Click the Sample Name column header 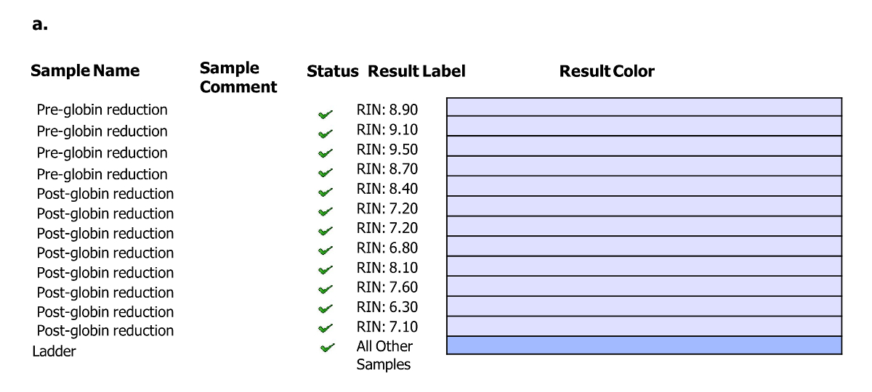tap(85, 71)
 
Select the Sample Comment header tap(238, 78)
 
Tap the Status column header tap(332, 71)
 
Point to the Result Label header tap(416, 71)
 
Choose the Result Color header tap(607, 71)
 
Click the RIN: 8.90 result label tap(387, 110)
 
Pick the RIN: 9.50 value tap(387, 150)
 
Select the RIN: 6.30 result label tap(387, 307)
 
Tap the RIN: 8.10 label tap(387, 268)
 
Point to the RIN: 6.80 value tap(387, 248)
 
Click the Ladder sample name tap(54, 351)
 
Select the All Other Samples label tap(384, 355)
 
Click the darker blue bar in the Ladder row tap(644, 346)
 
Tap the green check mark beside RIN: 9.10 tap(326, 134)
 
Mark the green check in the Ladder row tap(327, 348)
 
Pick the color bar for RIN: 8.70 tap(644, 166)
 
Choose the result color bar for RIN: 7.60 tap(644, 286)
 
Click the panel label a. tap(40, 24)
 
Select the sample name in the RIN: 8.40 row tap(105, 194)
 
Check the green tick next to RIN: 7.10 tap(326, 328)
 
